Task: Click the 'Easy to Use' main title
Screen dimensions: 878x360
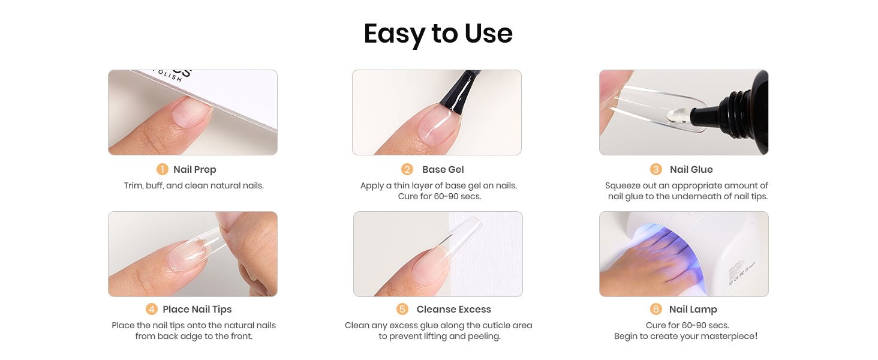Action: click(438, 34)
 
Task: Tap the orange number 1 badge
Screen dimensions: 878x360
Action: click(163, 169)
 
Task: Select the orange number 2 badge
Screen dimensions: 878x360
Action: click(407, 169)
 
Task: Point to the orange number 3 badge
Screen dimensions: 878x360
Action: click(656, 169)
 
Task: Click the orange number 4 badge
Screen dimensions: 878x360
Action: click(151, 309)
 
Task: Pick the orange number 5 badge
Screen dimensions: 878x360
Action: click(402, 309)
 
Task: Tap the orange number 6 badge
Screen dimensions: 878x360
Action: click(656, 309)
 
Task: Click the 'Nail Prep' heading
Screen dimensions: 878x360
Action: click(195, 169)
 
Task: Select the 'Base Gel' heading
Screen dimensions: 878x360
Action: click(443, 169)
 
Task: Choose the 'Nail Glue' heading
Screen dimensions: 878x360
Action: click(691, 169)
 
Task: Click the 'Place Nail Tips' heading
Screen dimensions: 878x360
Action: click(197, 309)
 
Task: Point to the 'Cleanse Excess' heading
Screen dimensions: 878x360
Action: click(454, 309)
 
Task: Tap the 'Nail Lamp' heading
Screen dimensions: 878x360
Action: click(693, 309)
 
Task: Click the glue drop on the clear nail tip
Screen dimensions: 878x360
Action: click(676, 116)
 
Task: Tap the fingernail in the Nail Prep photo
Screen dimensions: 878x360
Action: click(191, 112)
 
